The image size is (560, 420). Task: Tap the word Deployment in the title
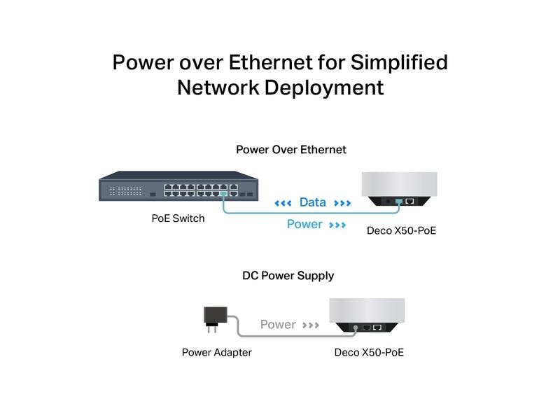click(x=324, y=87)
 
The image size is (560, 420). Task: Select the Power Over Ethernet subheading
click(x=290, y=150)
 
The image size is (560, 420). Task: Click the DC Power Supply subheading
click(x=288, y=276)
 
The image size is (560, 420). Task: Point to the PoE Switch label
click(x=178, y=218)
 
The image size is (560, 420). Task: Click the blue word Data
click(x=312, y=202)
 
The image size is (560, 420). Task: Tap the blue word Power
click(x=304, y=225)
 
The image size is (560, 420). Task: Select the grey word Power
click(x=278, y=325)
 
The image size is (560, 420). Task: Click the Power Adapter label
click(x=216, y=352)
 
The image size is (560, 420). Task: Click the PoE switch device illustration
click(x=178, y=187)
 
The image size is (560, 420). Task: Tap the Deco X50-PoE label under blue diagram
click(x=401, y=230)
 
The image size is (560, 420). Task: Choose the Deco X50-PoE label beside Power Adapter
click(x=369, y=352)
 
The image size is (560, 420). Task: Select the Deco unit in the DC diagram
click(x=367, y=316)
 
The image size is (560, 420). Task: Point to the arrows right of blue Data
click(x=342, y=203)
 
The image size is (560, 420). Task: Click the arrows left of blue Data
click(x=283, y=203)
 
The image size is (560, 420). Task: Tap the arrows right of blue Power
click(x=337, y=225)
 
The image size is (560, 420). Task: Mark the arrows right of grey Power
click(x=311, y=325)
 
